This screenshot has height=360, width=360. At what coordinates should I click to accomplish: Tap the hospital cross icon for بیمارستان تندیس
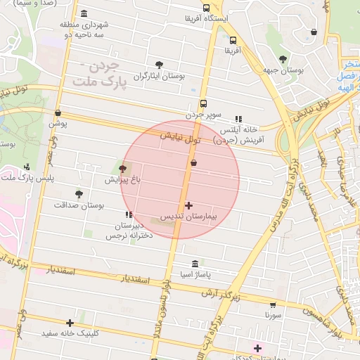(188, 205)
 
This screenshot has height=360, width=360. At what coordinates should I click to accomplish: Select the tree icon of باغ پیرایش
(124, 169)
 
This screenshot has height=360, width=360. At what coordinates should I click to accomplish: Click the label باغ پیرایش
(123, 180)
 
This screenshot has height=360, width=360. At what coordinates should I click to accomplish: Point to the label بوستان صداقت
(79, 205)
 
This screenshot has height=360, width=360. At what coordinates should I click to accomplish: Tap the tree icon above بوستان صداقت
(78, 193)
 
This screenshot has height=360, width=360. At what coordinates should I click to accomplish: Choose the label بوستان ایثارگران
(160, 76)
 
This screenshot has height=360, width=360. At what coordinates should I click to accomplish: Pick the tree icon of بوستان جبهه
(283, 60)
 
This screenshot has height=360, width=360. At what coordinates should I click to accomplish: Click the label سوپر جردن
(204, 114)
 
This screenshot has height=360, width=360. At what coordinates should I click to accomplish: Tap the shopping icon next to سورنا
(273, 305)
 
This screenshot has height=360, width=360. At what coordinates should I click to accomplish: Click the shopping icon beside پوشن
(58, 112)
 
